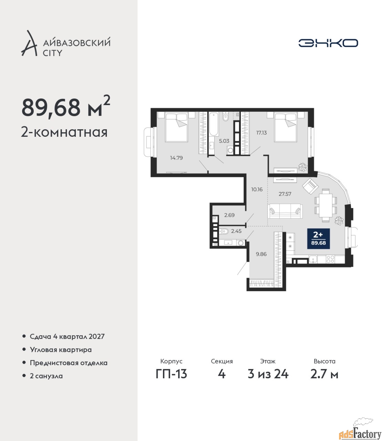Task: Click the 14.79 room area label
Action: (x=176, y=158)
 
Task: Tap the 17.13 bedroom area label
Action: (x=261, y=133)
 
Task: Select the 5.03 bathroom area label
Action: (x=224, y=141)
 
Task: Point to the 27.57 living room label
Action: (x=285, y=194)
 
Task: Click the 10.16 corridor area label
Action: (x=257, y=189)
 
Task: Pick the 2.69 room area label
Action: (x=229, y=215)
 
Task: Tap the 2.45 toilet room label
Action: (x=236, y=231)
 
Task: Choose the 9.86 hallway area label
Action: (x=261, y=254)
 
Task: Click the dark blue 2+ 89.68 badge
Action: (x=318, y=238)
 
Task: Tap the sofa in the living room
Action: (x=285, y=211)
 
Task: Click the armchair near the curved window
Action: (x=310, y=186)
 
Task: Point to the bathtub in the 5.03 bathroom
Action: (x=214, y=124)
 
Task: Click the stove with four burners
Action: (x=330, y=259)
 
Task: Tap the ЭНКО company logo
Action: (x=328, y=43)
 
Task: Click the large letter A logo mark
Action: (x=29, y=43)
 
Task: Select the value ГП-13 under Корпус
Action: (x=171, y=374)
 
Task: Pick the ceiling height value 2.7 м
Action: (x=324, y=374)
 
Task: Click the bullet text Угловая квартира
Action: (x=61, y=350)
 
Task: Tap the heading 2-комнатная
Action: (x=64, y=132)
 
